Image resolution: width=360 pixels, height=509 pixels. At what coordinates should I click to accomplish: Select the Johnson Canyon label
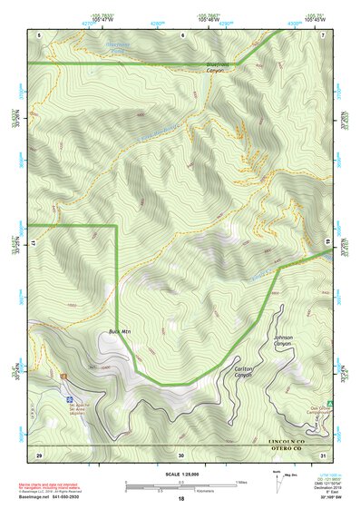[283, 341]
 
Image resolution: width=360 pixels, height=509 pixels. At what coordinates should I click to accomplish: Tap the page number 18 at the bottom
[180, 499]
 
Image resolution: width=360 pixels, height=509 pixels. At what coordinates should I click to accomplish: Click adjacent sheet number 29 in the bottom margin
[39, 454]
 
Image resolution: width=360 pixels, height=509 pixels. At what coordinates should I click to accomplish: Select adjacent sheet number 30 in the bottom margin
[180, 454]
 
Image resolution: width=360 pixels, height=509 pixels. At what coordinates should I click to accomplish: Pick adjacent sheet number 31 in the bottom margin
[323, 454]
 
